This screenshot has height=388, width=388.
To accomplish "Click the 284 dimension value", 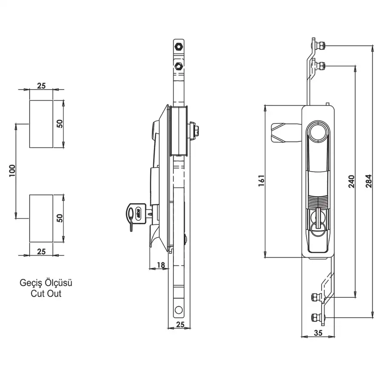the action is point(369,181).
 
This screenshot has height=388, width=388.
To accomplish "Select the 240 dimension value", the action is point(352,181).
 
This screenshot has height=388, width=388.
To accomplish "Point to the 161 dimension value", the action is point(262,181).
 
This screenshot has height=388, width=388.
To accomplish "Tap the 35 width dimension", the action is point(318,333).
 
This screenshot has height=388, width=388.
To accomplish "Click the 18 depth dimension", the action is point(161,265).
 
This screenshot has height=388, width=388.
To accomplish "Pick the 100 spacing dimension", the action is point(12,170).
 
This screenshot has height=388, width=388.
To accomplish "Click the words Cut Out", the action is point(46,293).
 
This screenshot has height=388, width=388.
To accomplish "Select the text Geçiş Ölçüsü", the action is point(46,282).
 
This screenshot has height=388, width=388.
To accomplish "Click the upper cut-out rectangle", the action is point(41,124).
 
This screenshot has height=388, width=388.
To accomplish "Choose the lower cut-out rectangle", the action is point(41,218).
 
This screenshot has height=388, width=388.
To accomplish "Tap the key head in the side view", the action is point(136,213).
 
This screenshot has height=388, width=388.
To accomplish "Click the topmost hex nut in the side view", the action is point(178,46).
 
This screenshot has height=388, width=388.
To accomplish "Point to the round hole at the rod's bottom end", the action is point(178,310).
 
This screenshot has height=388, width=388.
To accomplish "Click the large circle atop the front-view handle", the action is point(318,132).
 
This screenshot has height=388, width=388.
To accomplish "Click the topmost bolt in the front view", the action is point(320,46).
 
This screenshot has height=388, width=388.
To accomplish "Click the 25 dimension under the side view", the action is point(181,325).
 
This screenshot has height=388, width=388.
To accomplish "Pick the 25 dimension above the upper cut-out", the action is point(41,86).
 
